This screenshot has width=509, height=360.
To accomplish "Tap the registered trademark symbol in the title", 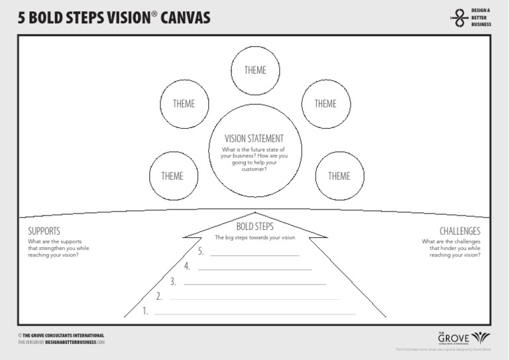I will click(154, 13).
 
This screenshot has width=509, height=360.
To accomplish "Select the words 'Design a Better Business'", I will click(481, 18).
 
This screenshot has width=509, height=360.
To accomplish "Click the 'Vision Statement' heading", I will click(254, 139).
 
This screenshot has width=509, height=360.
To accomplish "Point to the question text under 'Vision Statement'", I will click(254, 159).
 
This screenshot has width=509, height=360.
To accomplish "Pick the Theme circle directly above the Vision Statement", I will click(254, 70).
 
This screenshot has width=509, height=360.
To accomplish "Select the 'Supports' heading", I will click(44, 231).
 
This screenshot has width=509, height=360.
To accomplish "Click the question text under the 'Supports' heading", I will click(58, 248).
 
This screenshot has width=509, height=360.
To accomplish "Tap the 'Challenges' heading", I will click(459, 231).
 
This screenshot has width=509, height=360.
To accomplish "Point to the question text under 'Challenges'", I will click(451, 248).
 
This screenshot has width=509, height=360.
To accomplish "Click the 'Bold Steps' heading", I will click(254, 227).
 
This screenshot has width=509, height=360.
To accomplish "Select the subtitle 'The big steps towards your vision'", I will click(254, 237).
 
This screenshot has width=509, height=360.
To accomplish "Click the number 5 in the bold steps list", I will click(201, 251).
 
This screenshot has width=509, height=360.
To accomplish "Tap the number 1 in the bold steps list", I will click(145, 310).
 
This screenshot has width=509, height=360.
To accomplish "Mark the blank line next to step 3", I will click(255, 284).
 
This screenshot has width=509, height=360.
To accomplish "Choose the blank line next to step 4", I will click(255, 269).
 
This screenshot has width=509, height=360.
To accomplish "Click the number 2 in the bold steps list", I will click(159, 296).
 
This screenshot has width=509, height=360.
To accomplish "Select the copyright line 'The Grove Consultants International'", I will click(61, 335).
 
